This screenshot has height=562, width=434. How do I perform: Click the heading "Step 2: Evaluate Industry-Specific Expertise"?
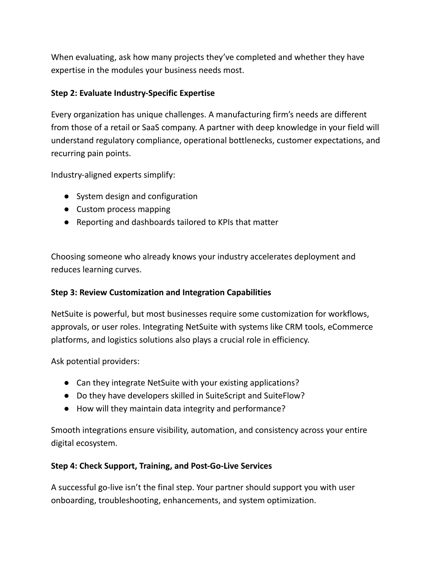coord(133,93)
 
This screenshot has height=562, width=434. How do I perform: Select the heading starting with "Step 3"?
coord(161,293)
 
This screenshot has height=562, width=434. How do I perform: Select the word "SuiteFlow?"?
coord(284,396)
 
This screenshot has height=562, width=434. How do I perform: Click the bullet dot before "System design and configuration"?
coord(67,197)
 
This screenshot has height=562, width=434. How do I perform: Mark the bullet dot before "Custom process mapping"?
coord(67,210)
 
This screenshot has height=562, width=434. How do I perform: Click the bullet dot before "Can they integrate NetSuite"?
coord(67,383)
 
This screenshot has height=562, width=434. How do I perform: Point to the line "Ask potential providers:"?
coord(95,361)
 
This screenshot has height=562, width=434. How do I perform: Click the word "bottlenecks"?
coord(251,140)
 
